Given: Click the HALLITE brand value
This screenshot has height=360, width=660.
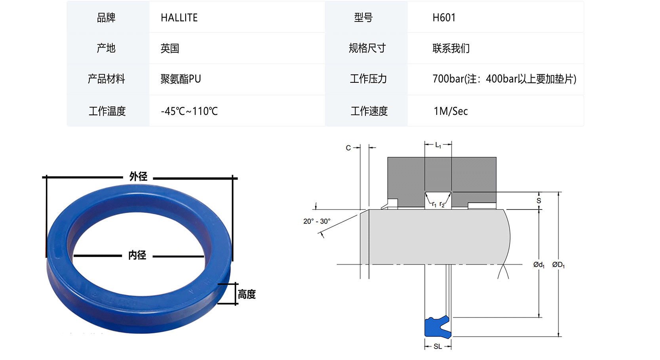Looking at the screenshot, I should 179,18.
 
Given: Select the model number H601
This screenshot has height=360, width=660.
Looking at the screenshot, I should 444,18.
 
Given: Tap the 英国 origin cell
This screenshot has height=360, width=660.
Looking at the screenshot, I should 170,48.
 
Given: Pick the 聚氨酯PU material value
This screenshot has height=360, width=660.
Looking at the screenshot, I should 181,79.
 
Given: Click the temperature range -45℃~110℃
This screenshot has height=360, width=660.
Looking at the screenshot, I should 189,111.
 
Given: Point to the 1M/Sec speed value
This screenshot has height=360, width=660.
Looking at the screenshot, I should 451,111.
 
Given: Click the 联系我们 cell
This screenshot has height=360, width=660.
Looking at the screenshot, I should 451,48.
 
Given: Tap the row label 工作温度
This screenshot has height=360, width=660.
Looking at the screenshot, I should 107,111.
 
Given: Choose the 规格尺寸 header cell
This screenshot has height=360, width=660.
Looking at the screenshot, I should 367,48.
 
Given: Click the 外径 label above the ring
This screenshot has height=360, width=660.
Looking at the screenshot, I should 138,177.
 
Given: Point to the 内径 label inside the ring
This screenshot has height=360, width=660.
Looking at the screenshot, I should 137,255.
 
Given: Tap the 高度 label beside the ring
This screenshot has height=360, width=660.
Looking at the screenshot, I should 247,294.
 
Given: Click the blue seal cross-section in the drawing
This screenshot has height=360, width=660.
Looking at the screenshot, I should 437,327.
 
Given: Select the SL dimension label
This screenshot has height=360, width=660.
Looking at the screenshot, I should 437,347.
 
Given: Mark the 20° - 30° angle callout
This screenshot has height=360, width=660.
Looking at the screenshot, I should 317,221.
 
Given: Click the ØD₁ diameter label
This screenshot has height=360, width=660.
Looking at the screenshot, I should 558,265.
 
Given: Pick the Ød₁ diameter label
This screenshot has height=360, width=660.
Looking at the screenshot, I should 539,265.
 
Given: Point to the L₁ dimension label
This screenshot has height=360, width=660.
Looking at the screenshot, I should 438,145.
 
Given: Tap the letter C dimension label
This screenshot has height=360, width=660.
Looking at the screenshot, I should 348,148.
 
